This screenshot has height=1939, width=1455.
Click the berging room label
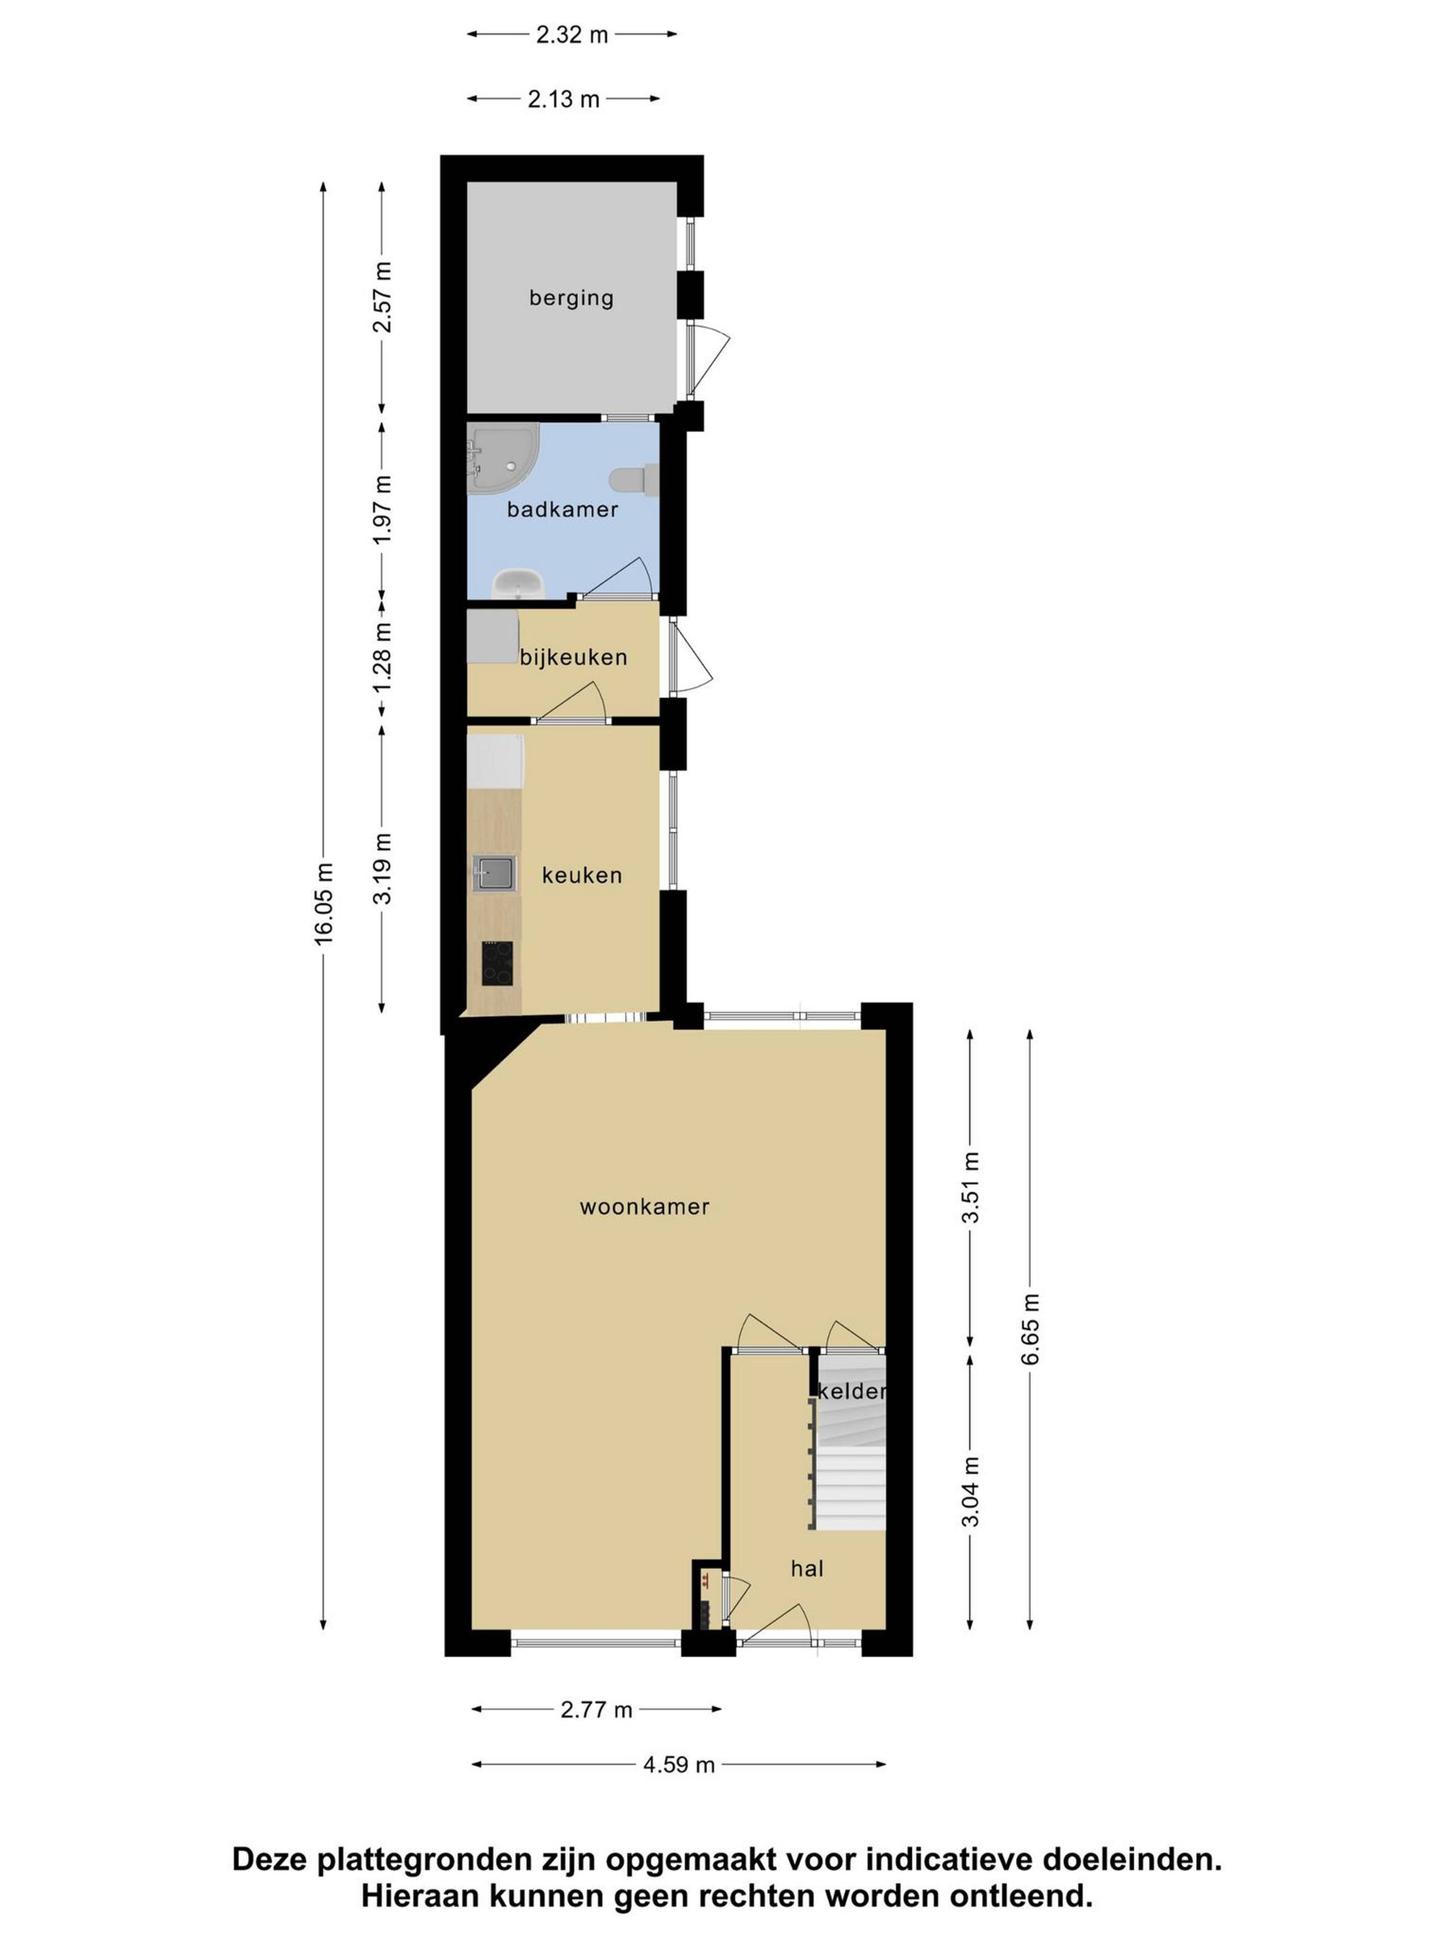click(x=571, y=298)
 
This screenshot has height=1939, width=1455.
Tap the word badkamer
click(x=562, y=509)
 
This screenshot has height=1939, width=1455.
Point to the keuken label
click(x=582, y=875)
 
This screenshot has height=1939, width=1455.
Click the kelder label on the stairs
click(x=852, y=1391)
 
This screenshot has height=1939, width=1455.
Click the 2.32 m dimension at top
click(x=572, y=35)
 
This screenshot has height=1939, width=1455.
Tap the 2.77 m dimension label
click(x=596, y=1710)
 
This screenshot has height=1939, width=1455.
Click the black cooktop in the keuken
click(x=497, y=963)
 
